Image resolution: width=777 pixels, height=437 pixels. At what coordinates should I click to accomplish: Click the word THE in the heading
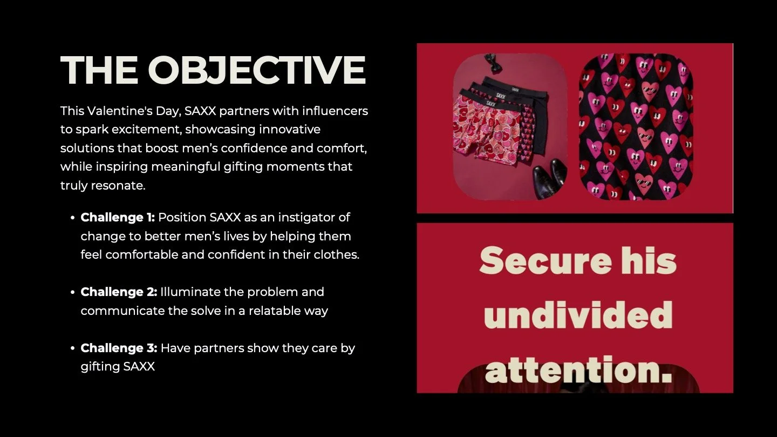point(99,70)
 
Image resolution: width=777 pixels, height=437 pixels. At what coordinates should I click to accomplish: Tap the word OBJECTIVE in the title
point(257,70)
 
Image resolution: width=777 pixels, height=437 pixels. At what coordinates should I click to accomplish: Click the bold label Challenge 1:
point(118,217)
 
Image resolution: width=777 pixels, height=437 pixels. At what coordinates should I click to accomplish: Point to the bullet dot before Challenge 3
point(72,348)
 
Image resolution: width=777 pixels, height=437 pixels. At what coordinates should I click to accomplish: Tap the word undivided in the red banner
point(578,315)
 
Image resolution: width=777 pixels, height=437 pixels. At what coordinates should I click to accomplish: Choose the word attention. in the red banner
point(578,370)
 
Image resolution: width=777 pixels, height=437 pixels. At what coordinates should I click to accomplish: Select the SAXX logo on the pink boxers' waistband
point(490,103)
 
